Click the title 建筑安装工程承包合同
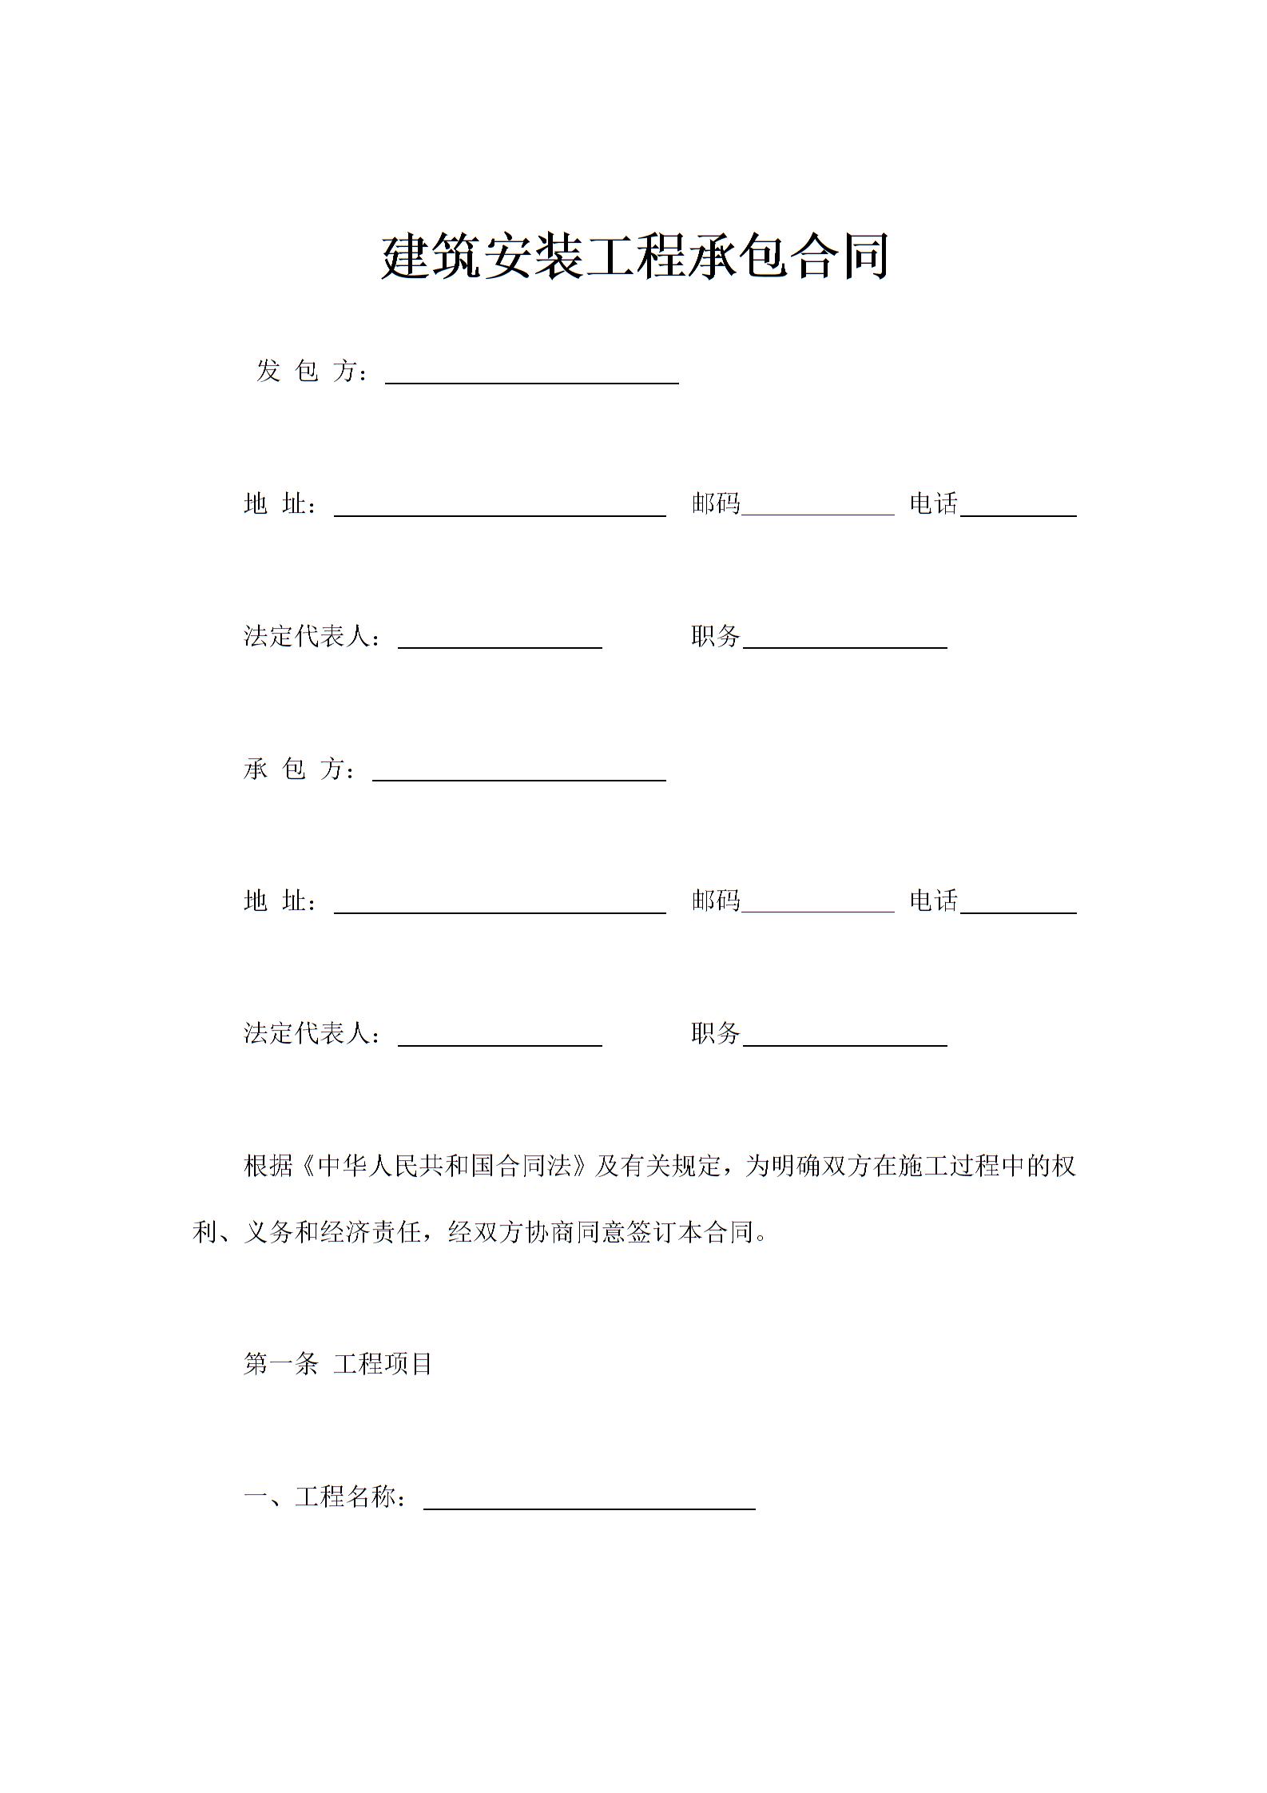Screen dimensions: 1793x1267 point(634,257)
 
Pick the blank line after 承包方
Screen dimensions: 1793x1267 point(519,773)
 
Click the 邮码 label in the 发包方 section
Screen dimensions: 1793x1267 point(716,503)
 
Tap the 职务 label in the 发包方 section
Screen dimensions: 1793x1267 point(716,636)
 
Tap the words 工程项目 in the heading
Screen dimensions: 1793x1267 point(383,1364)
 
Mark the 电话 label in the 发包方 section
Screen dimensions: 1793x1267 point(933,503)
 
